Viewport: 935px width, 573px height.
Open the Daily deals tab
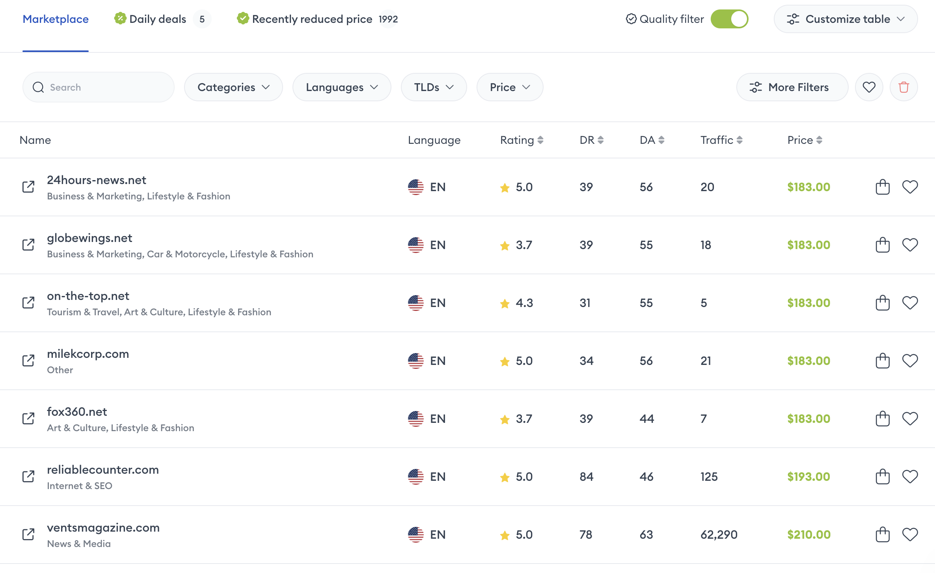click(x=158, y=19)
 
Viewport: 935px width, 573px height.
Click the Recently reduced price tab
click(x=312, y=19)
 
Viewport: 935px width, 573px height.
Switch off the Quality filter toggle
click(x=729, y=19)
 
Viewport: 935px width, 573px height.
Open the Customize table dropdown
click(x=846, y=19)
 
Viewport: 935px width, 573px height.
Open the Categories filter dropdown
click(x=233, y=87)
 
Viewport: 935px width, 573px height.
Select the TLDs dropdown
click(x=434, y=87)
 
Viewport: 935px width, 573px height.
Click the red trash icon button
click(x=903, y=87)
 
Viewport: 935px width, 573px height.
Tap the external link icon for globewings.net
click(x=28, y=245)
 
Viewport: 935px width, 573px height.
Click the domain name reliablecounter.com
click(x=103, y=470)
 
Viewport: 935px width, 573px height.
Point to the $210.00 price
click(x=809, y=534)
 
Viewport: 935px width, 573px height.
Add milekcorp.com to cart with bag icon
click(x=883, y=361)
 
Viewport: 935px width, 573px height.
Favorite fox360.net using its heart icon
click(x=910, y=419)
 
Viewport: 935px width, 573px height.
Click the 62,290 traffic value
click(x=719, y=534)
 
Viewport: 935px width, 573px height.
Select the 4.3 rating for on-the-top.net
click(x=523, y=303)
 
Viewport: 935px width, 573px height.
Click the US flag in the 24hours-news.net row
click(x=415, y=187)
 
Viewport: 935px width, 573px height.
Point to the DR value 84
click(x=586, y=476)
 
